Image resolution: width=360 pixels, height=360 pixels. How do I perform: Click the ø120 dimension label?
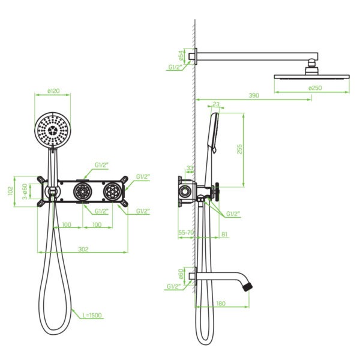coord(53,91)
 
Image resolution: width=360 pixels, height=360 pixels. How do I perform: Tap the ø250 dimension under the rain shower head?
coord(315,88)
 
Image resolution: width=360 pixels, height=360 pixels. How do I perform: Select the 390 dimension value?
coord(254,95)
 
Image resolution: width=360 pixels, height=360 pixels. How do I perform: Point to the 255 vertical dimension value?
coord(239,149)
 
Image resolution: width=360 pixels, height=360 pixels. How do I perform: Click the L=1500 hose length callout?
coord(92,315)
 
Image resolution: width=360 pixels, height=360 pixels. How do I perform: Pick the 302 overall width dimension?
coord(83,249)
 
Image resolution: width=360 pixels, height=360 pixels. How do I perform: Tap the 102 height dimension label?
coord(11,191)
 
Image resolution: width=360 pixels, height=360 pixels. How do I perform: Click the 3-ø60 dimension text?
coord(25,191)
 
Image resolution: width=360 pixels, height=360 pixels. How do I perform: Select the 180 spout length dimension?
coord(221,304)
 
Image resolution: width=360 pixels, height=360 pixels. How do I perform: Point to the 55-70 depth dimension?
coord(186,233)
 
